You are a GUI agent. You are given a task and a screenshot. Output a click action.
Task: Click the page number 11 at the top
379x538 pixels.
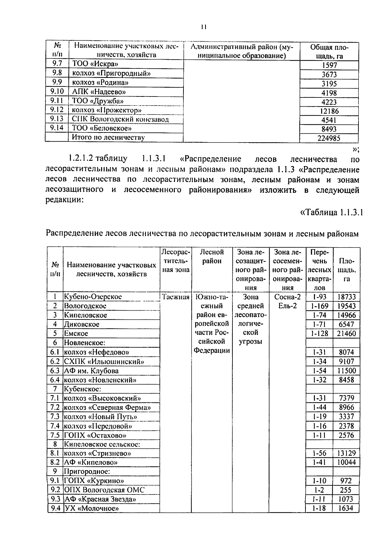[203, 27]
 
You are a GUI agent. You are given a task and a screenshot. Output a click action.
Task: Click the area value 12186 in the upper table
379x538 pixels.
[329, 111]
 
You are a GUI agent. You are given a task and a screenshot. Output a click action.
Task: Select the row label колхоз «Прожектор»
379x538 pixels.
[106, 110]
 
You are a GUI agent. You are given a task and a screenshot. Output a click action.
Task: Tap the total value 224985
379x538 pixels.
[329, 138]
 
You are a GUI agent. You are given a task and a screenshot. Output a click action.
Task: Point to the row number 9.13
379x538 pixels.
[57, 119]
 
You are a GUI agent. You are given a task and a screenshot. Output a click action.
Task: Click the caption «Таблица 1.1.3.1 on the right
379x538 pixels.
[330, 212]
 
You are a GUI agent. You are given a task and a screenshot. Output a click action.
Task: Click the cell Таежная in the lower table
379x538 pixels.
[175, 297]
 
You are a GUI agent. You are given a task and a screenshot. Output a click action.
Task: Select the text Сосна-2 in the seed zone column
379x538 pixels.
[287, 297]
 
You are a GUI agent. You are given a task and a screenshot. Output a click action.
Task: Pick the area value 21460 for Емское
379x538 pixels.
[347, 333]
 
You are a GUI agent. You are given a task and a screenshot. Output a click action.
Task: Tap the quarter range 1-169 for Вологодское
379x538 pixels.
[320, 306]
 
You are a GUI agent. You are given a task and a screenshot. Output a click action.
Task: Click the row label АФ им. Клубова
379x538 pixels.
[91, 371]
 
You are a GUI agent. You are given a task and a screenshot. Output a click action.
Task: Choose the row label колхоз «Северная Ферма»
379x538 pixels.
[107, 407]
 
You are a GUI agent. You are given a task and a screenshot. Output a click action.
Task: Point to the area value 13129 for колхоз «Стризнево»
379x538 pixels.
[347, 453]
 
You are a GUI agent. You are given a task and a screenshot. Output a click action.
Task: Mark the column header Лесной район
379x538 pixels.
[212, 256]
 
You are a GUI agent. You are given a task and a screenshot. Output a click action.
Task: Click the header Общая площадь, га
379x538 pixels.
[329, 52]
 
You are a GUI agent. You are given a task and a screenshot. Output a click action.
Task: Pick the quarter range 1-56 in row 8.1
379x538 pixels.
[320, 453]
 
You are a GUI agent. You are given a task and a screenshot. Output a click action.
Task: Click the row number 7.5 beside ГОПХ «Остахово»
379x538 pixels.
[55, 435]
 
